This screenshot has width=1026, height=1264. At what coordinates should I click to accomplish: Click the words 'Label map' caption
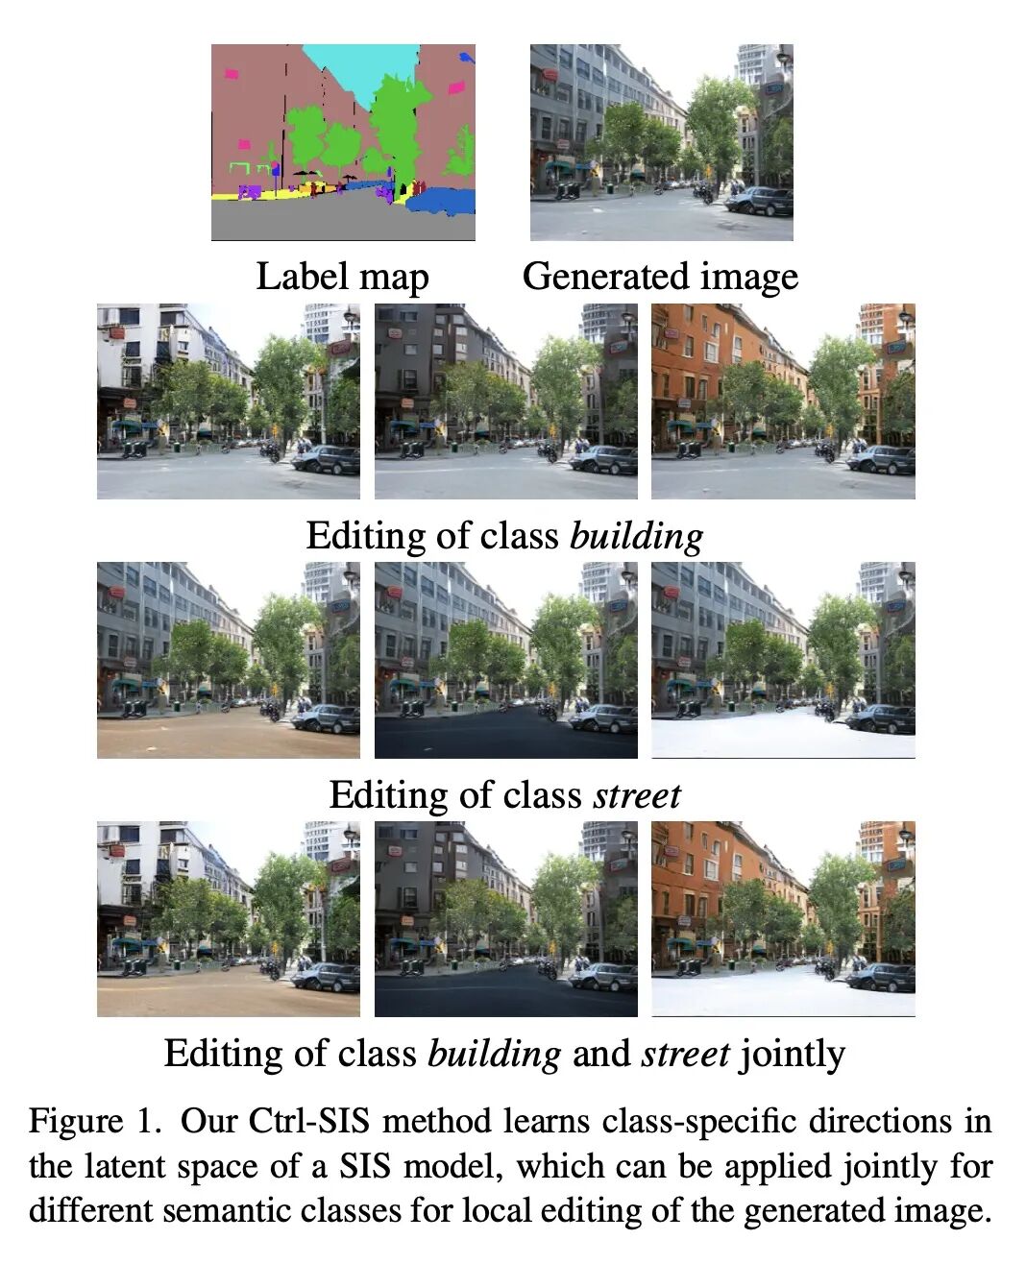[x=342, y=277]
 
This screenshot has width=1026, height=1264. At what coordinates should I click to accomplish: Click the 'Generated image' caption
[x=660, y=277]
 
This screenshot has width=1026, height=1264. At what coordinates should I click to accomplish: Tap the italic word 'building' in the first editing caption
[x=636, y=536]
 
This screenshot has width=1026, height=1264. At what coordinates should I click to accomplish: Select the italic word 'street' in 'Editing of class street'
[x=637, y=795]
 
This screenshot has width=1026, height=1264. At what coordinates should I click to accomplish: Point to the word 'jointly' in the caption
[x=793, y=1054]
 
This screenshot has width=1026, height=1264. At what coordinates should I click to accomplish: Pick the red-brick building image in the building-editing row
[x=783, y=401]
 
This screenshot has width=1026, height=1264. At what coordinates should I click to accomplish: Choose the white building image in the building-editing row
[x=228, y=401]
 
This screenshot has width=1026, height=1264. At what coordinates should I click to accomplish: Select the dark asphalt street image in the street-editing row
[x=505, y=660]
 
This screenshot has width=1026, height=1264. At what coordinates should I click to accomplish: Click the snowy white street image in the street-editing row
[x=783, y=660]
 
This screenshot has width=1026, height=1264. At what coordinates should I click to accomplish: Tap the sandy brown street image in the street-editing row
[x=228, y=660]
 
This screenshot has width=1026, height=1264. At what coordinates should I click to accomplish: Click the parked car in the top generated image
[x=760, y=201]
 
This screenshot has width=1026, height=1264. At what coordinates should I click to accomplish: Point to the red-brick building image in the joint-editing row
[x=783, y=918]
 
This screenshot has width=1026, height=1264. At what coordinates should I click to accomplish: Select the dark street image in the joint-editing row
[x=505, y=918]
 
